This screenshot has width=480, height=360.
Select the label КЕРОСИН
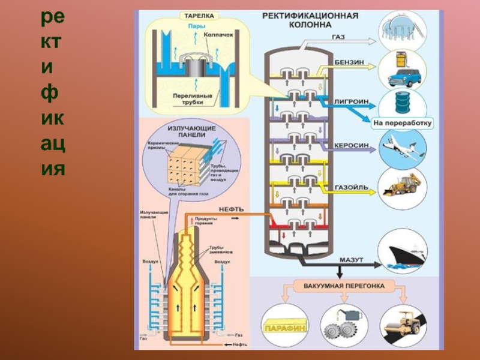coord(349,146)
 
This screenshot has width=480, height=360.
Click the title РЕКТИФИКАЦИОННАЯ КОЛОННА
coord(310,20)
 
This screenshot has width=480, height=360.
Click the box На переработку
coord(403,124)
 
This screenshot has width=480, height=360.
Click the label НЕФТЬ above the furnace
coord(231,209)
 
